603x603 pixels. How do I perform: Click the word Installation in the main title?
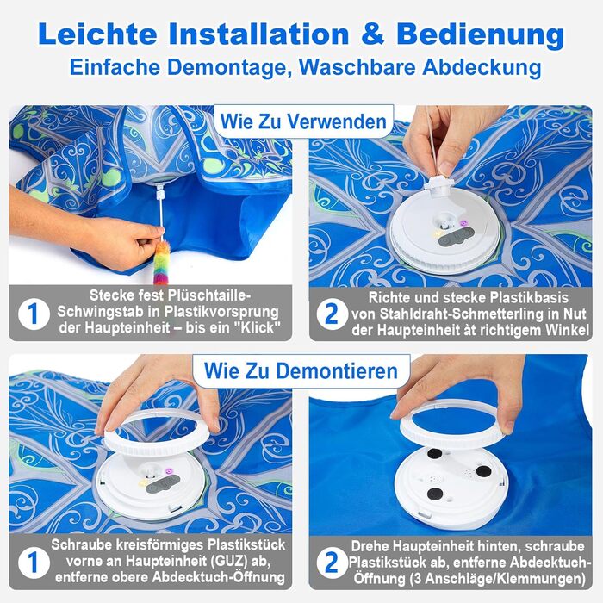[x=258, y=34]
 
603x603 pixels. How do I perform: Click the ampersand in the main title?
[x=372, y=34]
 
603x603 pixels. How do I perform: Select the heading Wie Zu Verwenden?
[x=303, y=122]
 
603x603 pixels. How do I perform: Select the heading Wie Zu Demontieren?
[x=301, y=370]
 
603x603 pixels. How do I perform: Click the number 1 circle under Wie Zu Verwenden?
[x=34, y=314]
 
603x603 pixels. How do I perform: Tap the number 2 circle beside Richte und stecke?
[x=332, y=314]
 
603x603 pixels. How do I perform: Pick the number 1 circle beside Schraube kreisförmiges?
[x=34, y=563]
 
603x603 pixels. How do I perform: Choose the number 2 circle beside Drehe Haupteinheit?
[x=332, y=563]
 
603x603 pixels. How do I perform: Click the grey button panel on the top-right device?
[x=456, y=237]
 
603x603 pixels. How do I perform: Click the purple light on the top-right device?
[x=463, y=222]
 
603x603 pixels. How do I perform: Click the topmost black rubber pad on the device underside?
[x=434, y=453]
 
